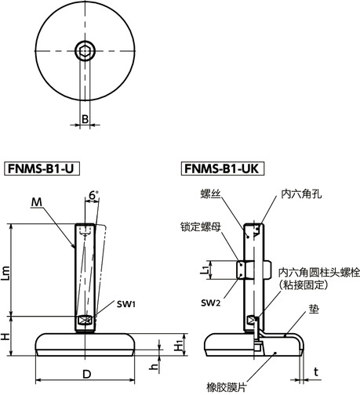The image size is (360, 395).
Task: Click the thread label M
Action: coord(37,202)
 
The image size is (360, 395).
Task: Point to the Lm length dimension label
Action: coord(9,271)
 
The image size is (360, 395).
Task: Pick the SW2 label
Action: coord(209,303)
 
